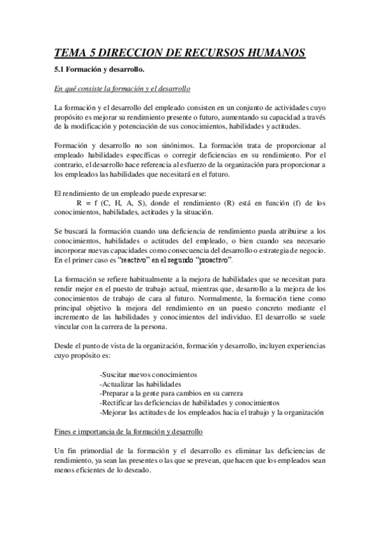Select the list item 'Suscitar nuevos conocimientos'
(148, 374)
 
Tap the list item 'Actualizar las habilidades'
(140, 384)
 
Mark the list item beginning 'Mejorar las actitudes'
(212, 413)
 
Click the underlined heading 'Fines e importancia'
(128, 432)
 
